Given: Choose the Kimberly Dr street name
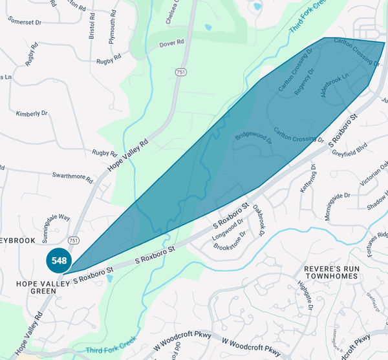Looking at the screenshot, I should (32, 113).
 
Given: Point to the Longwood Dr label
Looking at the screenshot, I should (229, 233).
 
